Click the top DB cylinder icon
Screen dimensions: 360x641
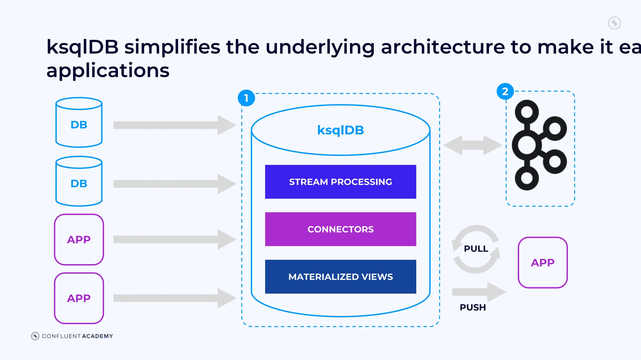point(79,122)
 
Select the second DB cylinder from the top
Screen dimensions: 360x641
point(79,181)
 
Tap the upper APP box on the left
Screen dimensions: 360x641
point(79,240)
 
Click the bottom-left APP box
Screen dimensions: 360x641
point(79,298)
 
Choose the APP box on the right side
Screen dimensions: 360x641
point(542,263)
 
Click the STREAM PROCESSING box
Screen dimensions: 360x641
point(341,182)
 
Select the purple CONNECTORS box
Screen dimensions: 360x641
point(341,229)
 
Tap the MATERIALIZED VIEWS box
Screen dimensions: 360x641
point(341,277)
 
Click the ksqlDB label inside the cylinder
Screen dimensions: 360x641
point(341,130)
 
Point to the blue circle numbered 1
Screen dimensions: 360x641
point(246,98)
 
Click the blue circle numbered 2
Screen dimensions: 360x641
point(505,92)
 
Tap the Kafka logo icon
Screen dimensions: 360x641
point(539,145)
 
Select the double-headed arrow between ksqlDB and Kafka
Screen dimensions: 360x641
point(473,145)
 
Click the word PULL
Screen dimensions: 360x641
point(476,249)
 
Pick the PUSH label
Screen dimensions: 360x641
point(473,307)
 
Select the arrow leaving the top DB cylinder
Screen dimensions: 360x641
point(174,125)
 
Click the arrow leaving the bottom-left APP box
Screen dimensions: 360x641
point(174,298)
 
